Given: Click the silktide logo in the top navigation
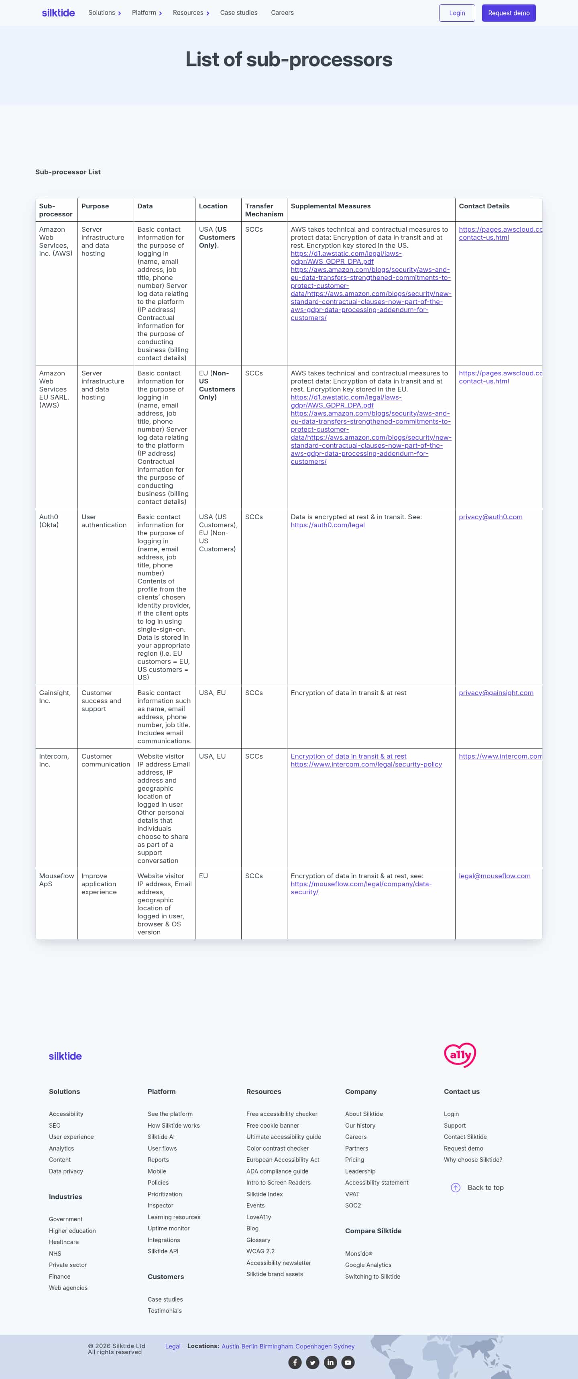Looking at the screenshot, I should [x=58, y=13].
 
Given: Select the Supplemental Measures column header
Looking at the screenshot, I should [x=330, y=206].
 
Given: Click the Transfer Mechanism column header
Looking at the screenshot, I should [x=264, y=210].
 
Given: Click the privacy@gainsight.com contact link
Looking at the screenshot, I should [x=496, y=693].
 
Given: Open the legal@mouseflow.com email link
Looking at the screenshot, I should [x=494, y=876].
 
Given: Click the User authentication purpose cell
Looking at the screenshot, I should [x=104, y=521].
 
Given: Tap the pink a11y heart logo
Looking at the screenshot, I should [x=460, y=1055].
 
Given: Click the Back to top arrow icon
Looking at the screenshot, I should [x=456, y=1187].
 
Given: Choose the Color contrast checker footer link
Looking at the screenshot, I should [x=277, y=1148].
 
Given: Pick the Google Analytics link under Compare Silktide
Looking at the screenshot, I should [x=368, y=1265].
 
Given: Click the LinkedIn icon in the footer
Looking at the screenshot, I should [x=330, y=1363].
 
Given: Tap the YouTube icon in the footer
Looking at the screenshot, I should [x=348, y=1363].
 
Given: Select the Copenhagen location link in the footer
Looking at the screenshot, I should [x=313, y=1346].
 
